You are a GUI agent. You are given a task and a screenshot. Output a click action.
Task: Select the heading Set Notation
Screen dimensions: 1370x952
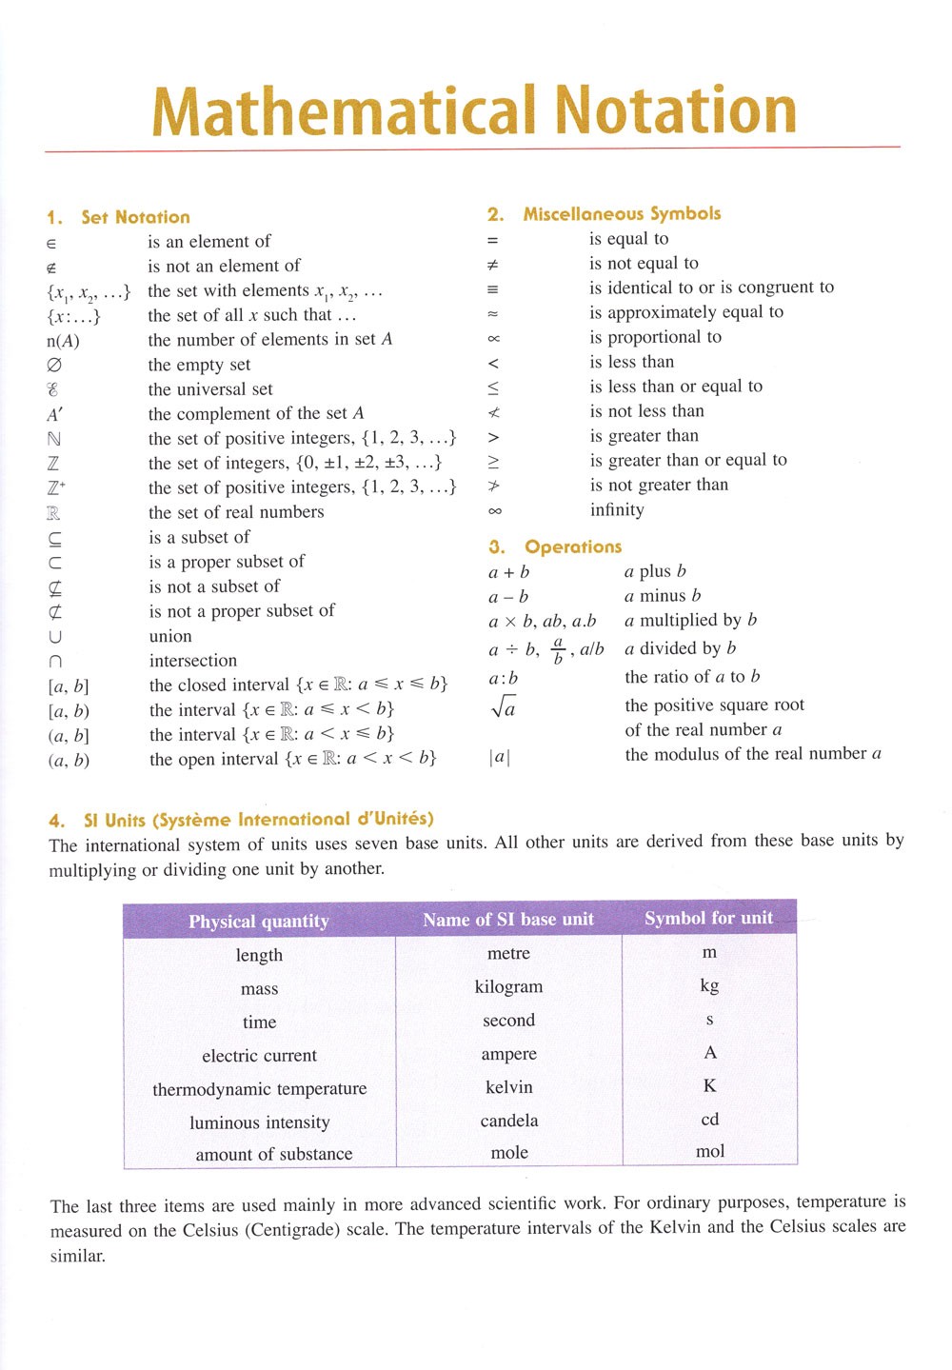pos(135,217)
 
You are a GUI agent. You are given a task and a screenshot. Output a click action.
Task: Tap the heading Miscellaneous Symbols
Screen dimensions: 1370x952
pos(622,213)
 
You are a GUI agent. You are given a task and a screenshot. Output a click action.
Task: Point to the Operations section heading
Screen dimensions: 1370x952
pos(572,546)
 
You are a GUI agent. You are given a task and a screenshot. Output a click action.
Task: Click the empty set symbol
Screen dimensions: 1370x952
pos(54,365)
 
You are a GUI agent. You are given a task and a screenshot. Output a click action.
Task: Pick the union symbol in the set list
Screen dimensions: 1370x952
pos(55,636)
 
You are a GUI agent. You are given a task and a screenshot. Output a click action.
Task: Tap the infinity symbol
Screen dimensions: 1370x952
pos(494,510)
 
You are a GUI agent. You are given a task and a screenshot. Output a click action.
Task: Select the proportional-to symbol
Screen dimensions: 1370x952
pos(493,338)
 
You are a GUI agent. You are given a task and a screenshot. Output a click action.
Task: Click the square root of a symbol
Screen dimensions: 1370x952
pos(503,706)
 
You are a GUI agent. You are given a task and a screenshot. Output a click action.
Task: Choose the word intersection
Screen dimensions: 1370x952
pos(193,661)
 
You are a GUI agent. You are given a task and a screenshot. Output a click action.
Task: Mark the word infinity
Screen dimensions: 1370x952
pos(617,509)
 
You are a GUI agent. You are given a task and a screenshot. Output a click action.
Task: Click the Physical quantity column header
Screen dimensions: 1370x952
pos(258,921)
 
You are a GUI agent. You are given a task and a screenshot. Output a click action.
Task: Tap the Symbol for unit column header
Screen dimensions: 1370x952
pos(708,918)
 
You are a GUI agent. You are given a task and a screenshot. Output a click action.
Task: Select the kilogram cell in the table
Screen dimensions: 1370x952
pos(508,986)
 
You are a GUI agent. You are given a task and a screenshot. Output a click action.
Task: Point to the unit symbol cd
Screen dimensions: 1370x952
pos(709,1119)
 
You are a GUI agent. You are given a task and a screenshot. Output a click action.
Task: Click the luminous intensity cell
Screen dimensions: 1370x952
pos(259,1122)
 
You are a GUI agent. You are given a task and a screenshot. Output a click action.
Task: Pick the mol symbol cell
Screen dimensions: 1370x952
pos(709,1151)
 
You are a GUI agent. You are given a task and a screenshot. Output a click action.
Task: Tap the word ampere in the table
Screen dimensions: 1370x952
pos(508,1054)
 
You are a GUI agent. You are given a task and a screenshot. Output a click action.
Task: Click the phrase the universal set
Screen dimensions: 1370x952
pos(210,389)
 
